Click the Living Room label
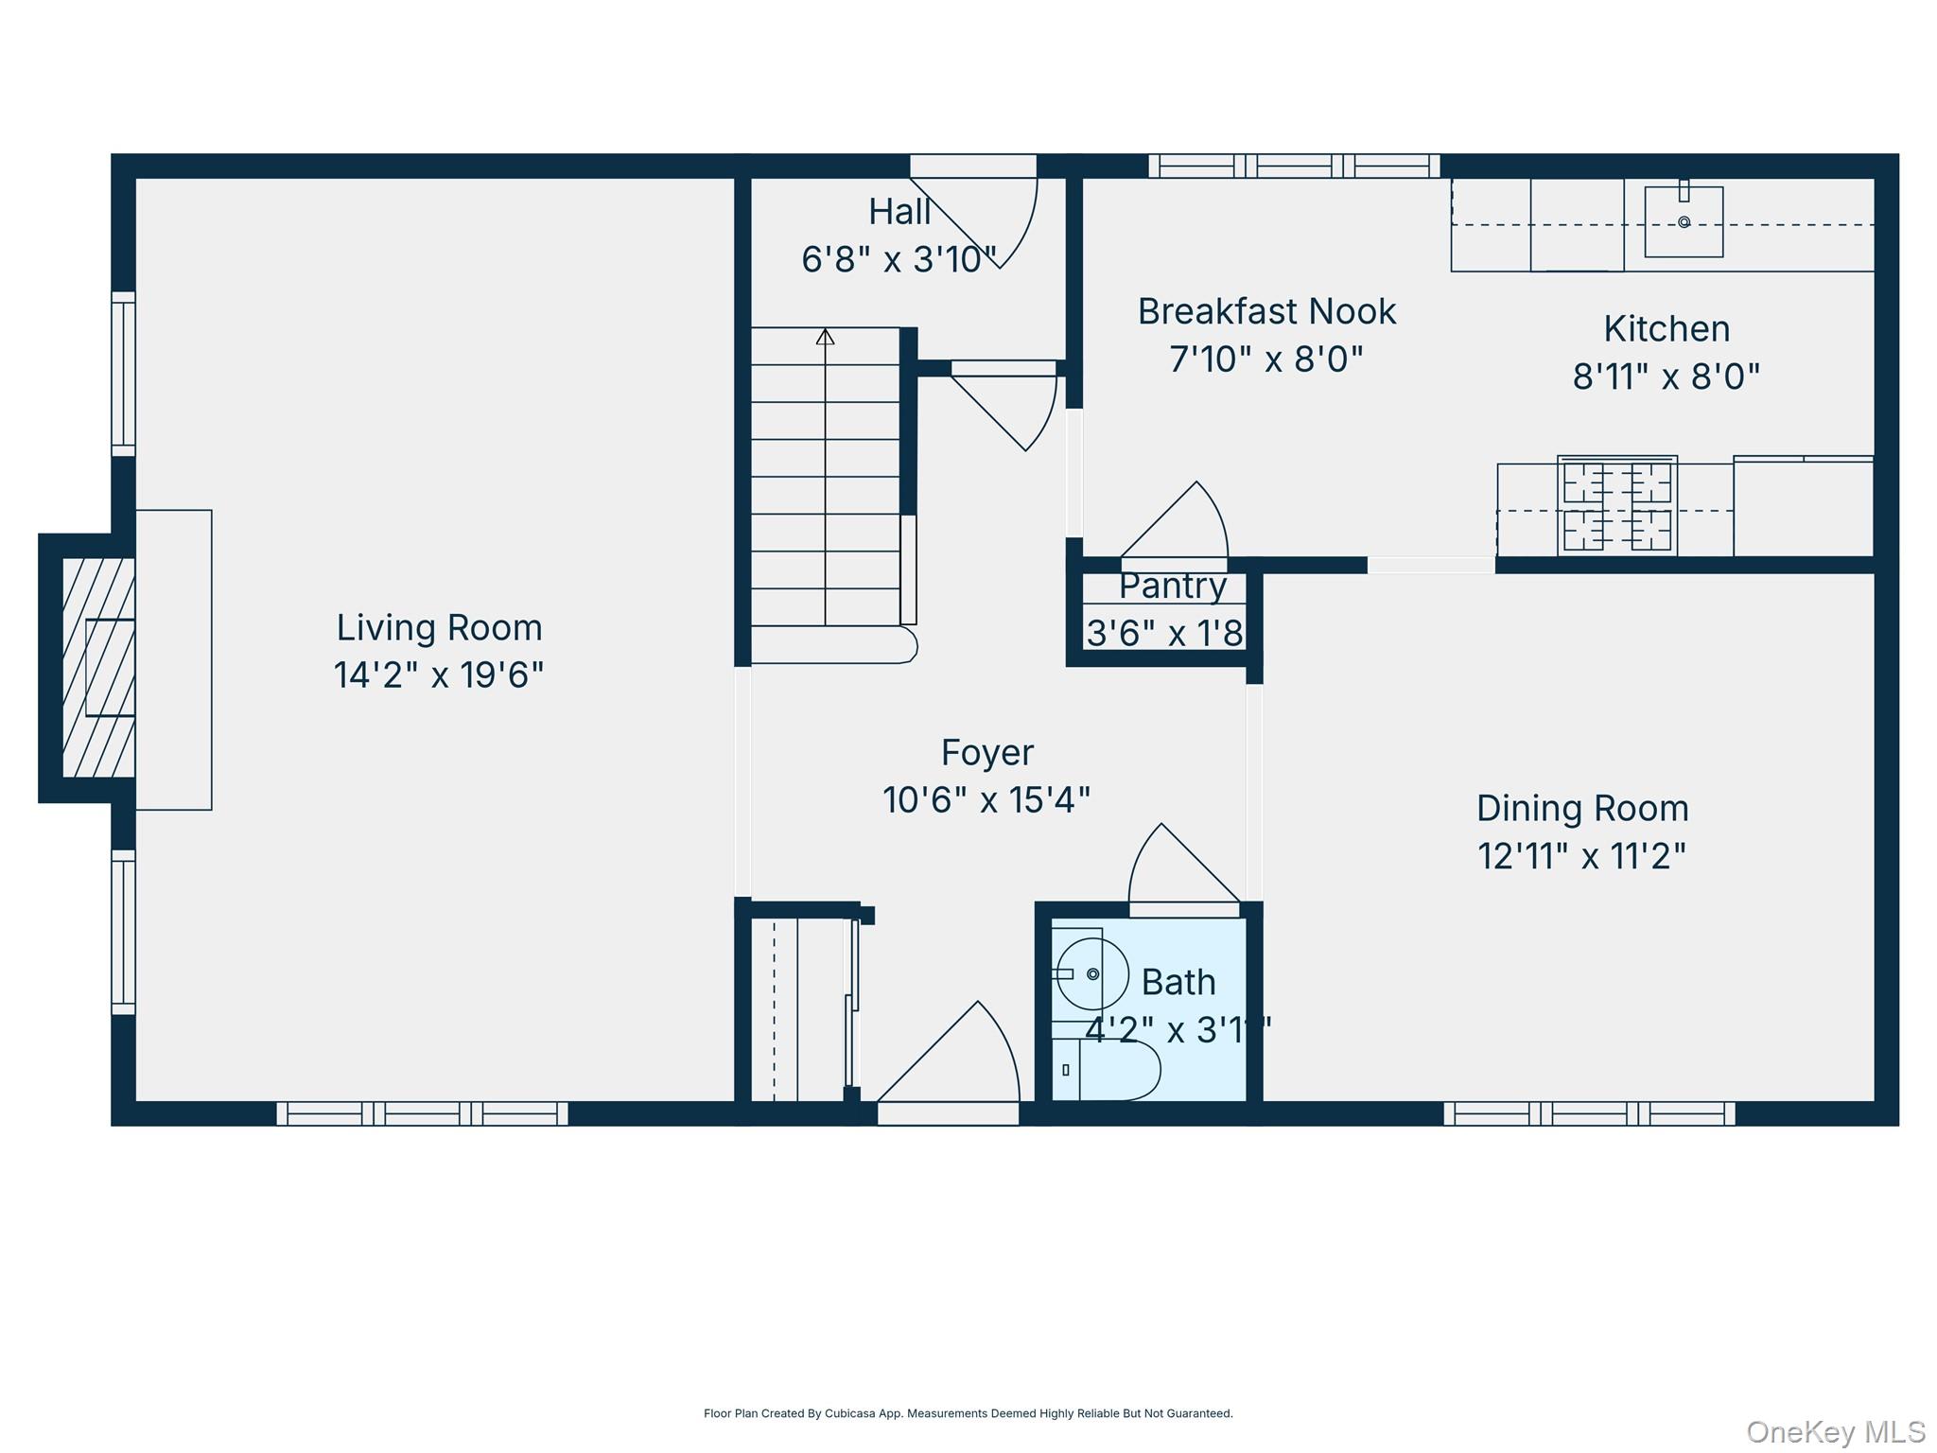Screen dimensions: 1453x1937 coord(439,628)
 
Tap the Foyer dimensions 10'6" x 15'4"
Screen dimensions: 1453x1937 coord(986,800)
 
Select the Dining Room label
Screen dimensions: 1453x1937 coord(1582,809)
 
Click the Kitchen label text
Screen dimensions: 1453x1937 coord(1667,329)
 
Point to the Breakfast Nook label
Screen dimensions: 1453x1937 coord(1266,311)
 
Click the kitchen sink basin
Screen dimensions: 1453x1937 coord(1684,222)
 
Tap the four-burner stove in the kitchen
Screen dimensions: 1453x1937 coord(1617,506)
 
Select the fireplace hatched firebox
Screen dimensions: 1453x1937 coord(98,667)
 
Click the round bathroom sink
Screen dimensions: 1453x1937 coord(1092,973)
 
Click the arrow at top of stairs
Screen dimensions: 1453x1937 coord(825,337)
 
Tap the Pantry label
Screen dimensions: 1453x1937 coord(1173,586)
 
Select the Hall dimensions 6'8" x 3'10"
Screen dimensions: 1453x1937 coord(899,259)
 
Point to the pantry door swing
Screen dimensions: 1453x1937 coord(1182,525)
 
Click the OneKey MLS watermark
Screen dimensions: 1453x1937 coord(1835,1431)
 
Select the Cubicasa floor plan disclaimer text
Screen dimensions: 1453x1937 coord(968,1413)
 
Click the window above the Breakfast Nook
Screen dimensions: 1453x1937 coord(1294,166)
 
